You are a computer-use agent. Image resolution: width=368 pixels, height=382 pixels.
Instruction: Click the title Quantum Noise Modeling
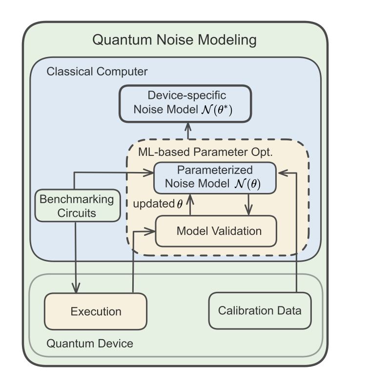(174, 40)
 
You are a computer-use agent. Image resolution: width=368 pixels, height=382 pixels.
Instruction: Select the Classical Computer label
(97, 72)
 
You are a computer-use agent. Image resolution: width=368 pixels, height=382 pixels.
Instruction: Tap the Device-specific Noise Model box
(185, 103)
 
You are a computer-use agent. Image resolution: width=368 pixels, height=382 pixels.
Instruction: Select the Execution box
(96, 311)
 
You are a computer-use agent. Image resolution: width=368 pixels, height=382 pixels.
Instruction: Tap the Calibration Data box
(260, 310)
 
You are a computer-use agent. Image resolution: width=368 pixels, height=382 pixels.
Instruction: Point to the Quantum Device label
(89, 344)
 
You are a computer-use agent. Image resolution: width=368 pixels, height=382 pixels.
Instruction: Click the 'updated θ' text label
(158, 204)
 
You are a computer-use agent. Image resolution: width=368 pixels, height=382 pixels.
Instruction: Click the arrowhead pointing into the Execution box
(76, 288)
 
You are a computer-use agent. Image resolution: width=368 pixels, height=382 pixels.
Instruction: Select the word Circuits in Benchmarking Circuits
(76, 213)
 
